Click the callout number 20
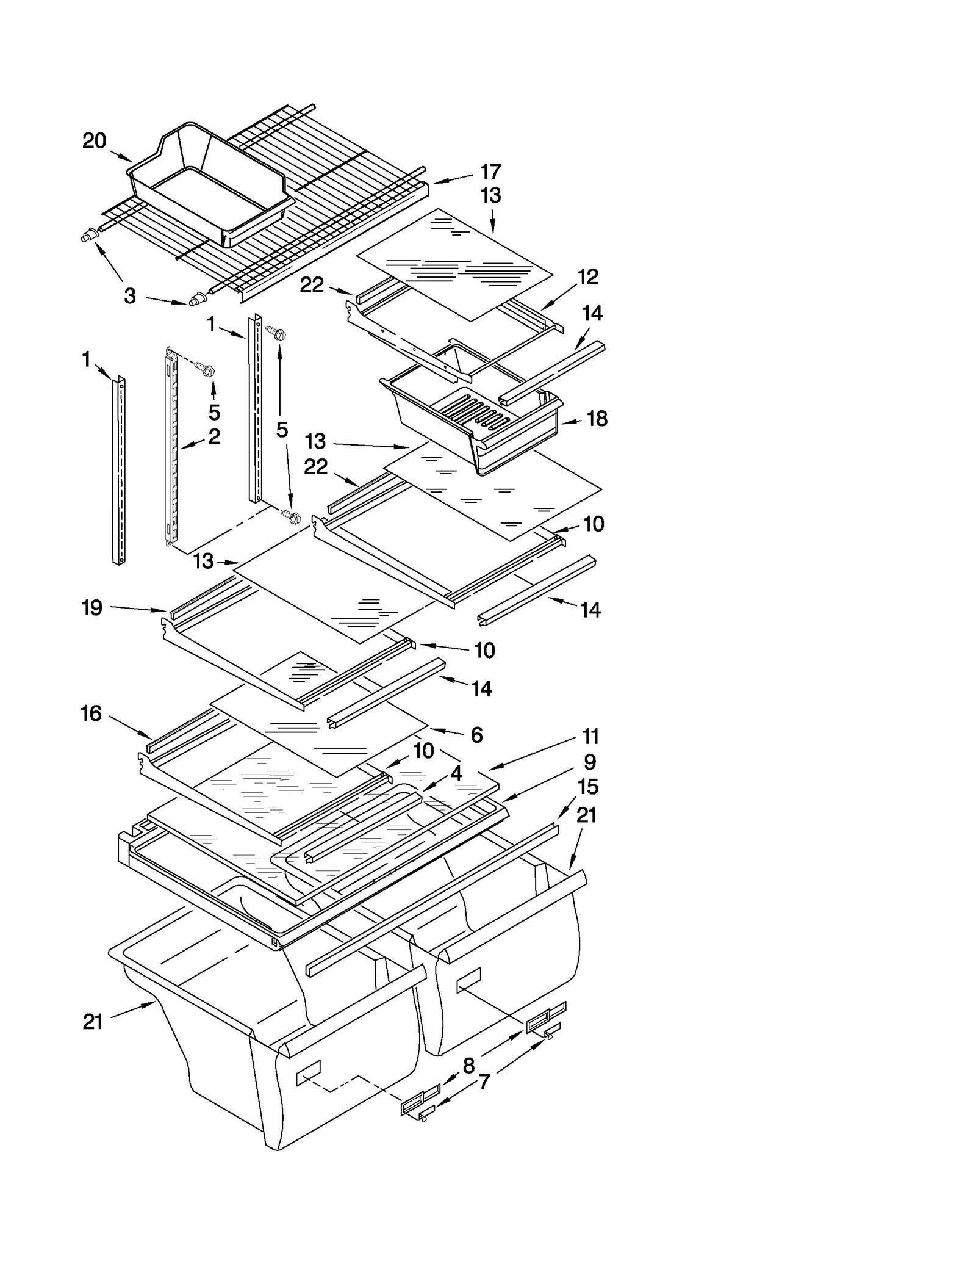(x=94, y=141)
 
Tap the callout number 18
(x=597, y=419)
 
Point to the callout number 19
(x=91, y=608)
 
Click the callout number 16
(x=91, y=713)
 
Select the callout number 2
(x=213, y=436)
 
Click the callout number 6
(x=476, y=735)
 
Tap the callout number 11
(x=590, y=737)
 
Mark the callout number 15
(x=588, y=787)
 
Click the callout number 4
(x=456, y=773)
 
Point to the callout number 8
(x=468, y=1066)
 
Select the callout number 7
(x=484, y=1082)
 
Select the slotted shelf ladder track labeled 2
(x=170, y=446)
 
